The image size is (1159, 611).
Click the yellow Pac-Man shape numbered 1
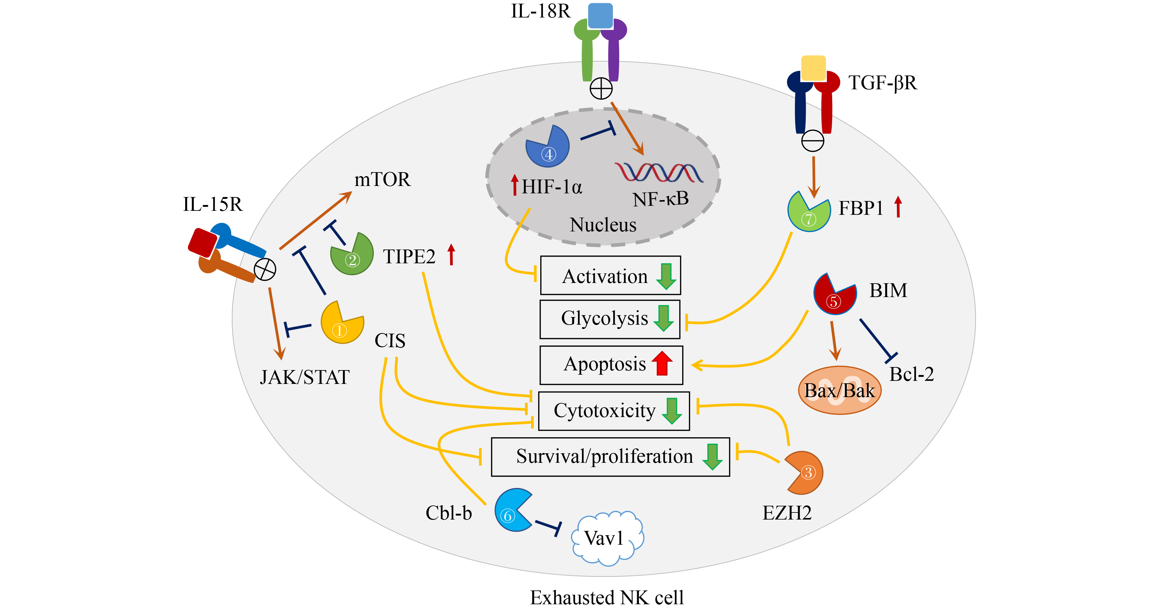[341, 323]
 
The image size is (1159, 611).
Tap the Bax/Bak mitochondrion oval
[840, 390]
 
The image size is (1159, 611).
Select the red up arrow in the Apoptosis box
[662, 363]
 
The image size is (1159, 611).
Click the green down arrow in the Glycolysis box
[663, 318]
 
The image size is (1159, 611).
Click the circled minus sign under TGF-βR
[813, 141]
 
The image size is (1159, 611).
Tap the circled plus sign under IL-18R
[601, 88]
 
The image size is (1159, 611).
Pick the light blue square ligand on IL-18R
[600, 16]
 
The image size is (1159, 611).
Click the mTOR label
[382, 180]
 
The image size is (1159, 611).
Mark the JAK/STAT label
[304, 377]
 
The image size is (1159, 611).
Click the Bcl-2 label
[912, 374]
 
